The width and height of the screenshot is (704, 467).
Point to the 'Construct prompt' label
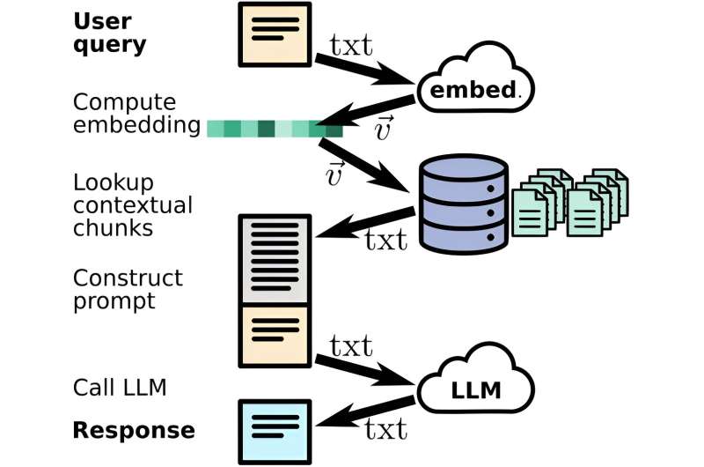pos(128,290)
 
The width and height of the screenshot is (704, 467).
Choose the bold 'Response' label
pos(133,431)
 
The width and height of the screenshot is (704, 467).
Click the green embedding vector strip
pos(274,129)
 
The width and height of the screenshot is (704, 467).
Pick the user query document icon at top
pos(275,33)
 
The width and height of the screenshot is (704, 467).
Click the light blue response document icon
pos(275,431)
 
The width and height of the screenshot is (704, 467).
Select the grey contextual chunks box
pos(275,260)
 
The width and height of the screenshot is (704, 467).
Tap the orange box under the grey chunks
pos(275,335)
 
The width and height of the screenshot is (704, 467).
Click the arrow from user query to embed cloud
pos(366,69)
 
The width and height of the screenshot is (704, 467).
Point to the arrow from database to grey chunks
pos(364,222)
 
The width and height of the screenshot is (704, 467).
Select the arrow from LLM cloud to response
pos(364,414)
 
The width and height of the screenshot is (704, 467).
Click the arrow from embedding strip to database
pos(365,167)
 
